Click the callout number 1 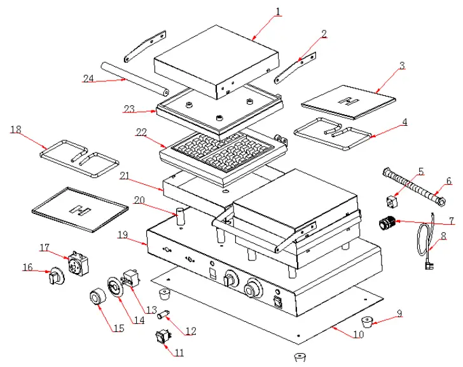(278, 11)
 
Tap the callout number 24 (88, 78)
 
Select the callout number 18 (16, 130)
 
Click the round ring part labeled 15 (97, 298)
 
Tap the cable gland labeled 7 (387, 223)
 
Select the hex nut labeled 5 (391, 202)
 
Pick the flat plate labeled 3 (349, 101)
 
